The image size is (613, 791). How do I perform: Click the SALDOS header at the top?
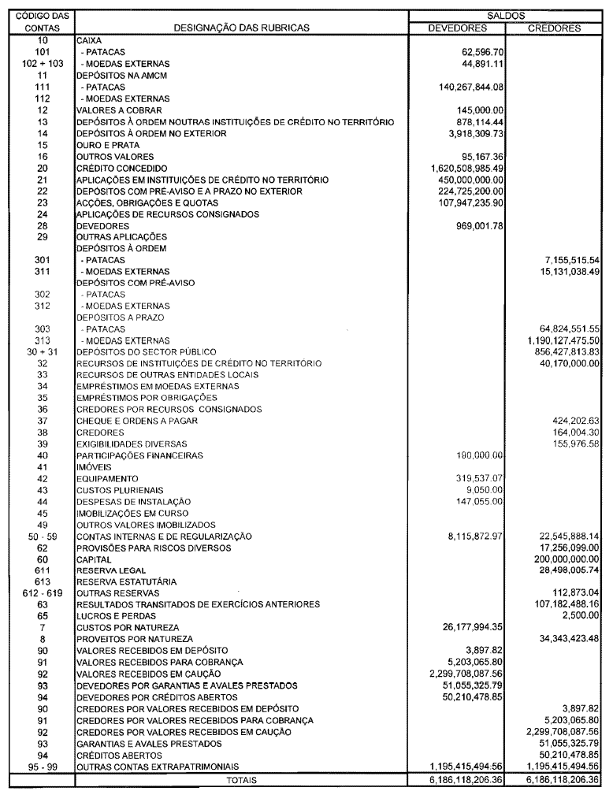[507, 15]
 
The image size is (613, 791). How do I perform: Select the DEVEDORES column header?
[458, 28]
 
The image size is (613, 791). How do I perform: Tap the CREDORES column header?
[555, 28]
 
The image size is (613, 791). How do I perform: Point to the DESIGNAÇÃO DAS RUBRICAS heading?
[242, 28]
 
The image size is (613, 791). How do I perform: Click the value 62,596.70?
[477, 51]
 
